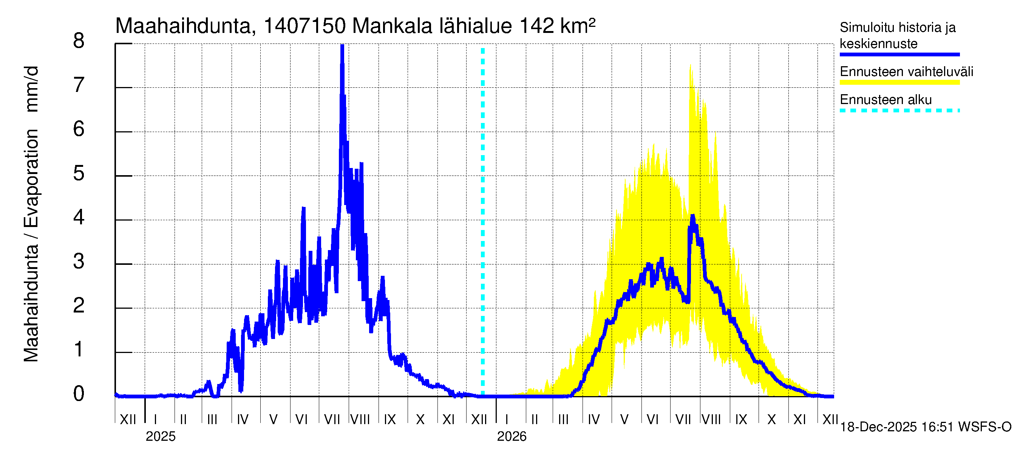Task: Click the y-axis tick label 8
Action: click(79, 41)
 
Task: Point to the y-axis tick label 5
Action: click(79, 174)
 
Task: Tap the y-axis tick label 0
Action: click(79, 394)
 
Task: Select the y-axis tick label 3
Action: click(79, 262)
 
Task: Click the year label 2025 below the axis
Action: click(160, 437)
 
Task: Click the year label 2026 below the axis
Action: click(512, 437)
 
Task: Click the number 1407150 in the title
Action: click(304, 26)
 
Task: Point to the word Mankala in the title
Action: click(392, 26)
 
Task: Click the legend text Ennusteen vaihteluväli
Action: click(906, 72)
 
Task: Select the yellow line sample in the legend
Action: click(899, 82)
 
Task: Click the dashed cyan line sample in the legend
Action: click(899, 110)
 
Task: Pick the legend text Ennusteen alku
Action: click(886, 100)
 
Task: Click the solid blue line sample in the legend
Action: click(899, 54)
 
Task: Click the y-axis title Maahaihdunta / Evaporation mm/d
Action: click(31, 214)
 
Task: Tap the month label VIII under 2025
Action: click(360, 420)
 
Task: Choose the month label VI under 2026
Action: click(652, 420)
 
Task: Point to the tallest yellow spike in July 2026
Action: click(691, 66)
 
